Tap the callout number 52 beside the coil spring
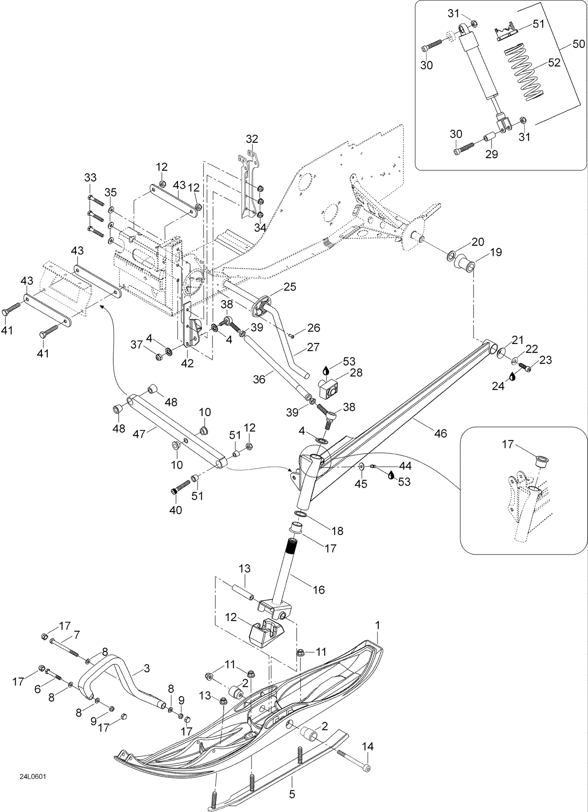554,63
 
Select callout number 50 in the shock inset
579,44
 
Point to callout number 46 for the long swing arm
441,433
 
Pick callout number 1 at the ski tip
377,625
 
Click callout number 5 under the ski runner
292,794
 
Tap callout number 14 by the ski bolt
367,746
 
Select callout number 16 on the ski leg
319,589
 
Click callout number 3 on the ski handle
147,668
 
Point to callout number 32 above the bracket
252,139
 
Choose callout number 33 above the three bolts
90,178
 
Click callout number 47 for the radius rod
140,434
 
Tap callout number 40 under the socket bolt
176,511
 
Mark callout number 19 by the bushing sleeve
496,252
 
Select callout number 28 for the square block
356,372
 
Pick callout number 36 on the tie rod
259,379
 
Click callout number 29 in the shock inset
492,154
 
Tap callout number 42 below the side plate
187,363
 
